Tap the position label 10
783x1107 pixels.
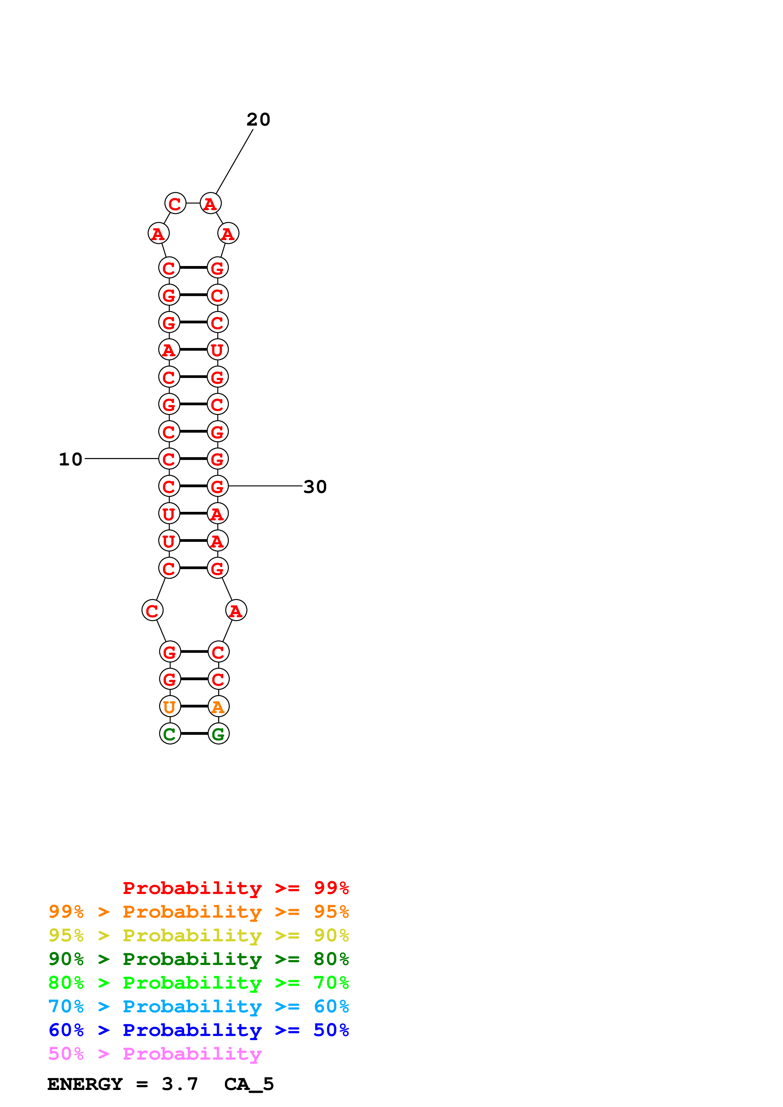pos(70,459)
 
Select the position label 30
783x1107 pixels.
pos(315,487)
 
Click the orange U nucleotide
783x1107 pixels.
pos(170,707)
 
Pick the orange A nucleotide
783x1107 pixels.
pos(219,707)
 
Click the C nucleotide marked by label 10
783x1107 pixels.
pos(169,459)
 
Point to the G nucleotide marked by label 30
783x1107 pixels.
pos(218,487)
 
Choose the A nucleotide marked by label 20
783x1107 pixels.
pos(210,204)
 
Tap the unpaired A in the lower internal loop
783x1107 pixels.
pos(236,611)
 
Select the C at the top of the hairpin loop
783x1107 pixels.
pos(175,204)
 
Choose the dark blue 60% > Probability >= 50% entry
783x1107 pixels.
pos(198,1030)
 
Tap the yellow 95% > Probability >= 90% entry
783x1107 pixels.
pos(198,935)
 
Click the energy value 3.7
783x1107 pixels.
pos(180,1084)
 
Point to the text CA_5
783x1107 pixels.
pos(249,1084)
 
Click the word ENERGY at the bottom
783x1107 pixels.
pos(85,1084)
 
